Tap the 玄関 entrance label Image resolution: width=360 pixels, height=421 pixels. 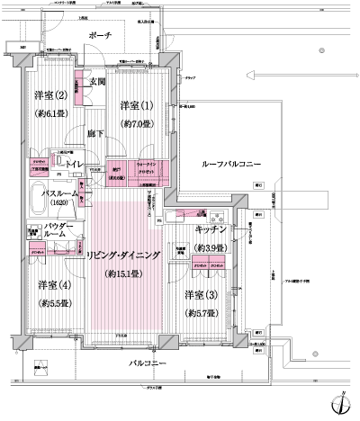pos(98,82)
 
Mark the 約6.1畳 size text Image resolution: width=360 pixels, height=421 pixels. pos(51,114)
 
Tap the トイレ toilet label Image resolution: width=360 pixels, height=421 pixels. pos(73,165)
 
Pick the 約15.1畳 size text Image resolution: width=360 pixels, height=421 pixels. pos(125,273)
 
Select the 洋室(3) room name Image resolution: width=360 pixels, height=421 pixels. pos(202,296)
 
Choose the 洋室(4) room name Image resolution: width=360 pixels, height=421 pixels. pos(54,285)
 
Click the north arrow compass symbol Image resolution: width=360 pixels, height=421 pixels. pos(340,403)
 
